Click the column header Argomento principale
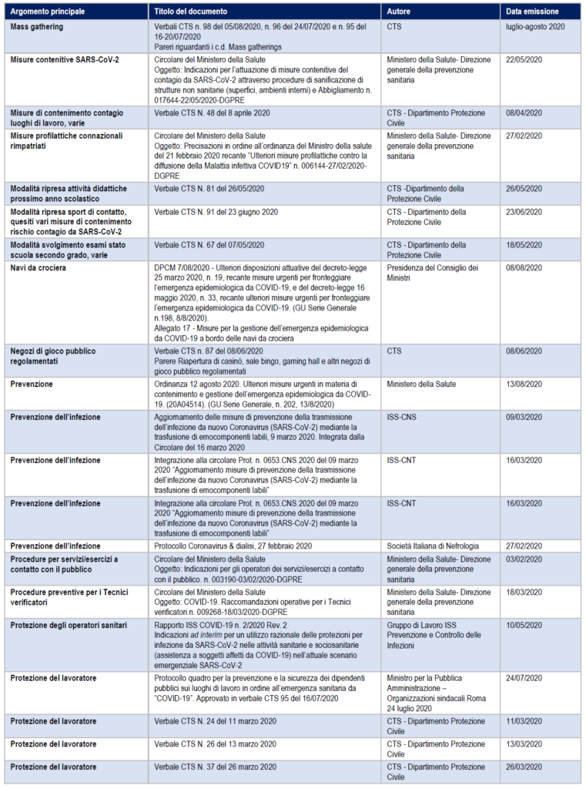(48, 12)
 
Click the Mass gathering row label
(37, 26)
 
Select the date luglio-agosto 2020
(536, 26)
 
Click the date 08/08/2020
(524, 268)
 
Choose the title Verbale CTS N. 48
(212, 113)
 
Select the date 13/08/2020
(524, 384)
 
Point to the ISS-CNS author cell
(404, 417)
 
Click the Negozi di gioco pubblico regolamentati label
(53, 356)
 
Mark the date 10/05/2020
(524, 624)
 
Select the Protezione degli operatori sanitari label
(69, 624)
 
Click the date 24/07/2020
(524, 678)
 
